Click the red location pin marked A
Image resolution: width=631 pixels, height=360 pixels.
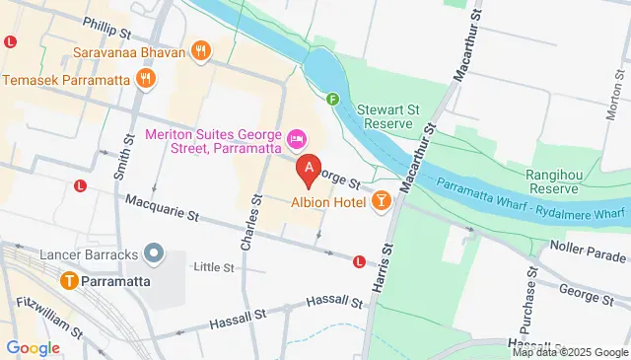(310, 171)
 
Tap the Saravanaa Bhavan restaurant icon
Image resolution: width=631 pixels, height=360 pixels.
(201, 51)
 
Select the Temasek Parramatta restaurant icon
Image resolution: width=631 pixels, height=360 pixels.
(146, 79)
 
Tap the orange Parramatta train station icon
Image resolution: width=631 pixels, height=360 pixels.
(70, 280)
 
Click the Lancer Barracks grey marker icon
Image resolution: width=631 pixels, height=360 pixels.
(153, 254)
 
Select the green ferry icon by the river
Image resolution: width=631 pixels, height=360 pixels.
(333, 99)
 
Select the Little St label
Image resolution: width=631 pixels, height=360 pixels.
(214, 266)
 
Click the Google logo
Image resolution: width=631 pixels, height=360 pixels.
(33, 347)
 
